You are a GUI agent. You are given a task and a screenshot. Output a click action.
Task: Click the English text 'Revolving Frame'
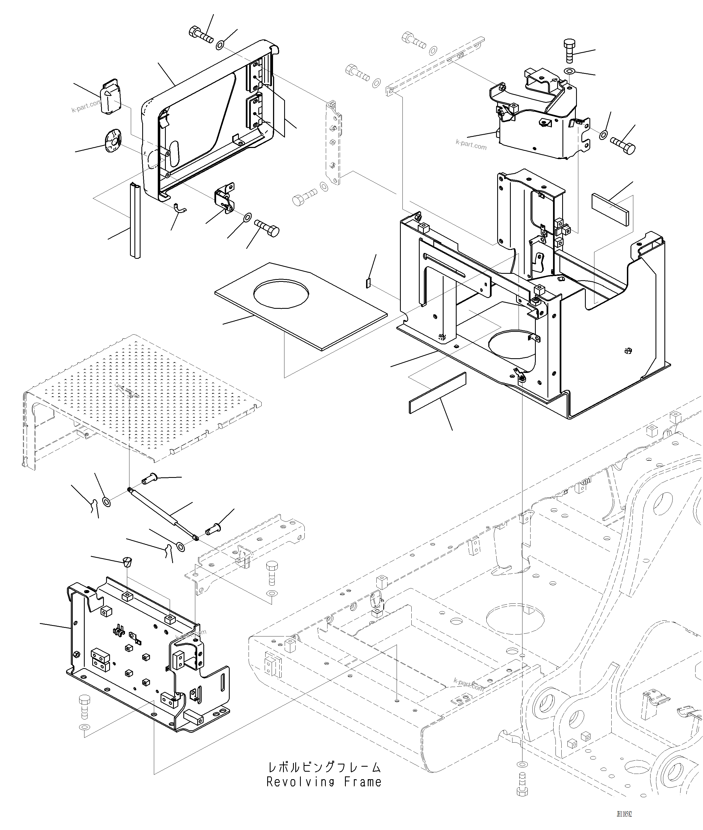324,782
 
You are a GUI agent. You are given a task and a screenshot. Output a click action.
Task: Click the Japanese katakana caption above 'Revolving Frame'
324,767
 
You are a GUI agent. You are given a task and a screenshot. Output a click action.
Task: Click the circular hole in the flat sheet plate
281,294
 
